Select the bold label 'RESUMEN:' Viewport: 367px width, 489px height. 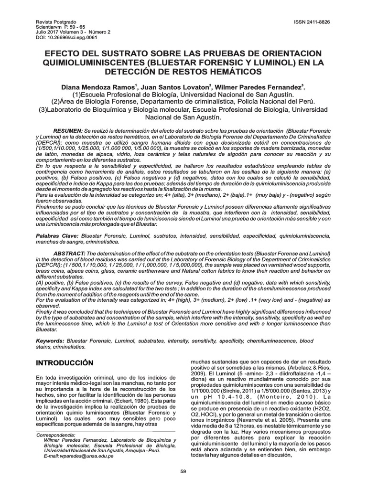[67, 130]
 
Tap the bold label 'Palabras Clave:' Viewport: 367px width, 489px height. [57, 236]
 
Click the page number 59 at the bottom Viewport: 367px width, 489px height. [183, 472]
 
